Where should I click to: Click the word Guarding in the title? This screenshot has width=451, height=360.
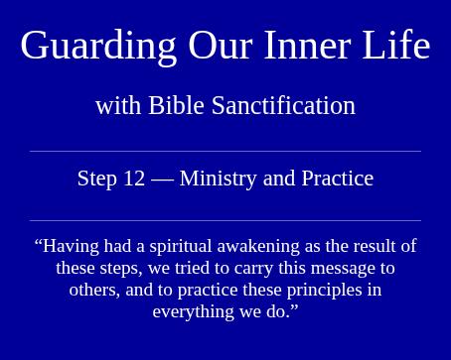pyautogui.click(x=98, y=47)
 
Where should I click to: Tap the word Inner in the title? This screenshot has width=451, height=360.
pyautogui.click(x=307, y=45)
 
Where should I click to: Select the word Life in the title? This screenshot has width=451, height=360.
pyautogui.click(x=396, y=45)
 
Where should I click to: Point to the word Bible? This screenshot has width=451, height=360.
pyautogui.click(x=176, y=105)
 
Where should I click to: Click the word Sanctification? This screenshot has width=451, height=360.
pyautogui.click(x=283, y=105)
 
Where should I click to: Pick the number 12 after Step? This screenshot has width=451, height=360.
pyautogui.click(x=134, y=179)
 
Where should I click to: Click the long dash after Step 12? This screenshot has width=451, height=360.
pyautogui.click(x=162, y=180)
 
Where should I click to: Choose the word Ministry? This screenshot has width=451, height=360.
pyautogui.click(x=219, y=180)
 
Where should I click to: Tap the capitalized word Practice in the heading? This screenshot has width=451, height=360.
pyautogui.click(x=338, y=179)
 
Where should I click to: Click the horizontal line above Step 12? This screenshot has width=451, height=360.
pyautogui.click(x=225, y=152)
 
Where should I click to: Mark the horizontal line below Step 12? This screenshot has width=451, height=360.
pyautogui.click(x=225, y=220)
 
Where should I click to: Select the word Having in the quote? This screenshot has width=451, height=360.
pyautogui.click(x=71, y=247)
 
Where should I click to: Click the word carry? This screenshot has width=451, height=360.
pyautogui.click(x=253, y=269)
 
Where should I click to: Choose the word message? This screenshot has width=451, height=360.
pyautogui.click(x=346, y=269)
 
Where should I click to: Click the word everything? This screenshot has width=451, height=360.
pyautogui.click(x=193, y=312)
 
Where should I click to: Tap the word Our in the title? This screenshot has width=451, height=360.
pyautogui.click(x=221, y=46)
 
